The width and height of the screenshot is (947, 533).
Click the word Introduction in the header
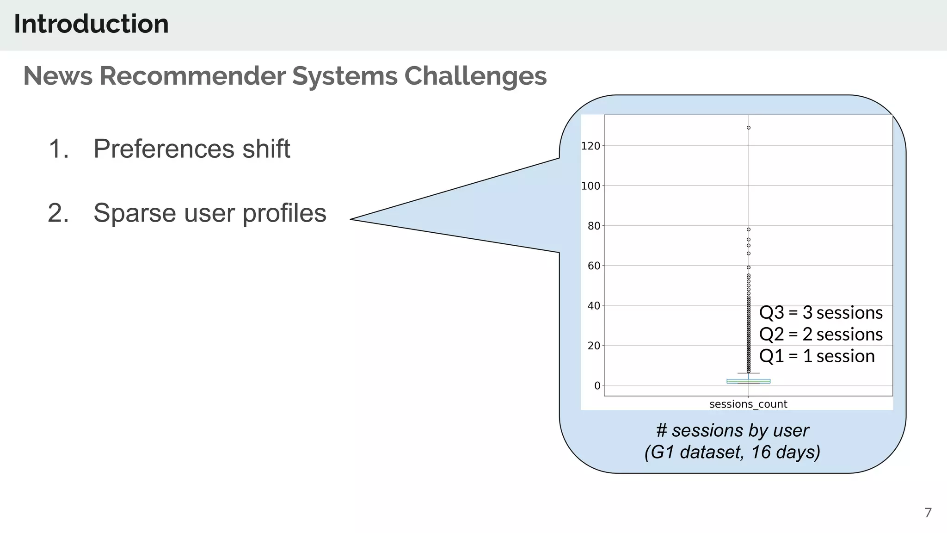pyautogui.click(x=91, y=24)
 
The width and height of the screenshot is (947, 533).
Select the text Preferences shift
pyautogui.click(x=191, y=149)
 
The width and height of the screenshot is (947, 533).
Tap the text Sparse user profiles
pyautogui.click(x=209, y=213)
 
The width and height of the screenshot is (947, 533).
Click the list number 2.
pyautogui.click(x=58, y=213)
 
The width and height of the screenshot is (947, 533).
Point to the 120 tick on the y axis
pyautogui.click(x=590, y=146)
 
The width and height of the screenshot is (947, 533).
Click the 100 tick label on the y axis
pyautogui.click(x=590, y=186)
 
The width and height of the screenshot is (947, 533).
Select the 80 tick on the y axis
pyautogui.click(x=593, y=226)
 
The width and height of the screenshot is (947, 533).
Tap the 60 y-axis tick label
pyautogui.click(x=593, y=266)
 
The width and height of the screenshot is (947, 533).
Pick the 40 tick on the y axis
pyautogui.click(x=593, y=306)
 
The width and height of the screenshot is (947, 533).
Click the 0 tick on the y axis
pyautogui.click(x=597, y=385)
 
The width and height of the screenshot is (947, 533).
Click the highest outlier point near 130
pyautogui.click(x=748, y=128)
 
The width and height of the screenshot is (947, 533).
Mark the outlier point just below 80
pyautogui.click(x=748, y=229)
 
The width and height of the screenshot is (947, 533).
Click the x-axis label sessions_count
pyautogui.click(x=748, y=404)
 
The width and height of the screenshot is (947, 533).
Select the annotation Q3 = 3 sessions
pyautogui.click(x=821, y=313)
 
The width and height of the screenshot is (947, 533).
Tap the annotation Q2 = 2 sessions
pyautogui.click(x=821, y=334)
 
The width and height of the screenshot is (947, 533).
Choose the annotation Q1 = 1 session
pyautogui.click(x=817, y=356)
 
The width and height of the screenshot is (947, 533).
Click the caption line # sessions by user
pyautogui.click(x=732, y=430)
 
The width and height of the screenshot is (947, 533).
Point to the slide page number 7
pyautogui.click(x=928, y=513)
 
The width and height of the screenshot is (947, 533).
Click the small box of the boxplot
pyautogui.click(x=748, y=381)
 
